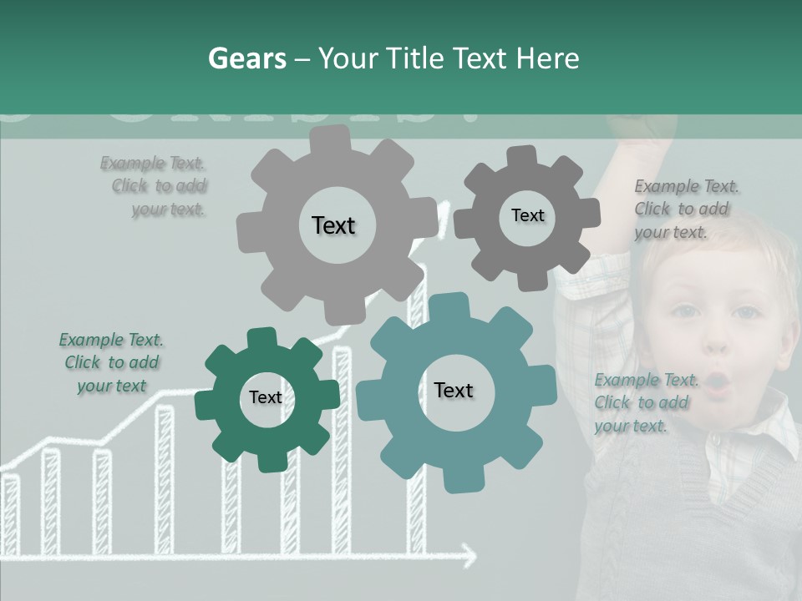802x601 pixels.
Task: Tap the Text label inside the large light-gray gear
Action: point(333,225)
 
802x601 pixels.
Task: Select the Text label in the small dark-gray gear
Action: point(527,215)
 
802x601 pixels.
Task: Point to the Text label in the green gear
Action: point(266,397)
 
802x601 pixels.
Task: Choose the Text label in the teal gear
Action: point(454,390)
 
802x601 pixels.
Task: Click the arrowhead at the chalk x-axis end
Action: point(470,553)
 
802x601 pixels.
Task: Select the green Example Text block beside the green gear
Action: point(112,362)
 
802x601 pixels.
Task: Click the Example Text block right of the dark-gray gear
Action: point(683,209)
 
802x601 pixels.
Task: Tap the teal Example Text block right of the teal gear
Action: point(644,402)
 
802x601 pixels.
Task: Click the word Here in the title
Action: point(548,58)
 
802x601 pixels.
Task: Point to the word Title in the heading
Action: point(417,58)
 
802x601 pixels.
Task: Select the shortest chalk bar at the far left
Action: point(11,513)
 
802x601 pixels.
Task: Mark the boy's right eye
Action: point(686,311)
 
